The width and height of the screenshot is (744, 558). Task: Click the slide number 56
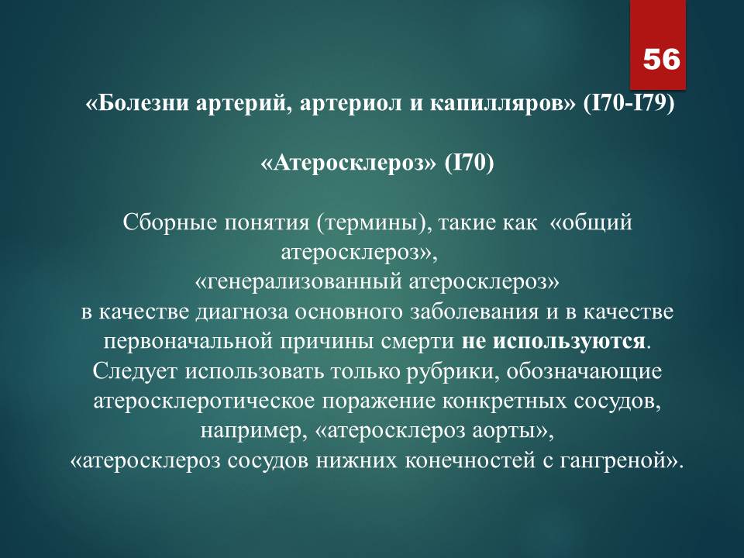click(661, 60)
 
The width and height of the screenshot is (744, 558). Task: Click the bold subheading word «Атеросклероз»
click(348, 164)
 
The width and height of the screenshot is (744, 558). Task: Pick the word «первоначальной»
click(188, 342)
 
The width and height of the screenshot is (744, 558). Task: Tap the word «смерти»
click(418, 342)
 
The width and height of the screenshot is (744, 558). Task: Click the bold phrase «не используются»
click(553, 342)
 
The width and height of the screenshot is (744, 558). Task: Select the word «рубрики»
click(453, 372)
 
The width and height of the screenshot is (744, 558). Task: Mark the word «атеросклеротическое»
click(204, 401)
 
